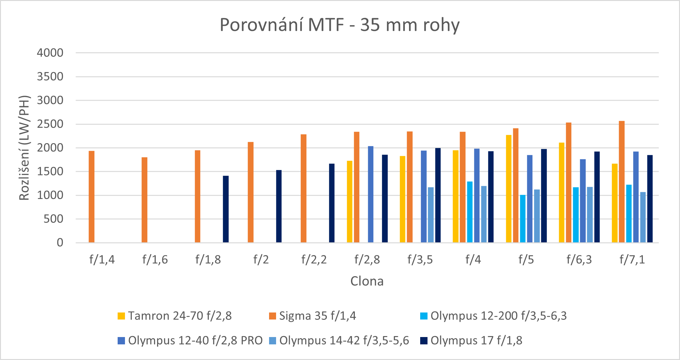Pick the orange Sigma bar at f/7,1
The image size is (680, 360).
tap(622, 182)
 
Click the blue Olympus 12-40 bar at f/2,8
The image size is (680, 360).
tap(370, 195)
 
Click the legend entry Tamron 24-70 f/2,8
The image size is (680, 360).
tap(180, 316)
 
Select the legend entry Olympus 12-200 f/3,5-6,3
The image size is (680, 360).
tap(499, 316)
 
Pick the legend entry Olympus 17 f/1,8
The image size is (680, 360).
tap(476, 341)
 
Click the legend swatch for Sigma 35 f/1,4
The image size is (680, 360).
tap(273, 316)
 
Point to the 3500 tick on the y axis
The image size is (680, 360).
tap(50, 77)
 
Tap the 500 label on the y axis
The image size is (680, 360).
tap(53, 219)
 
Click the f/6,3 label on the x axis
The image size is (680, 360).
tap(579, 260)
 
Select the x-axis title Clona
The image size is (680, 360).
tap(367, 281)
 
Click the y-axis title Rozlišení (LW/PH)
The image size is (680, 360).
tap(24, 148)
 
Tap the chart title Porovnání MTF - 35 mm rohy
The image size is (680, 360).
tap(340, 25)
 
